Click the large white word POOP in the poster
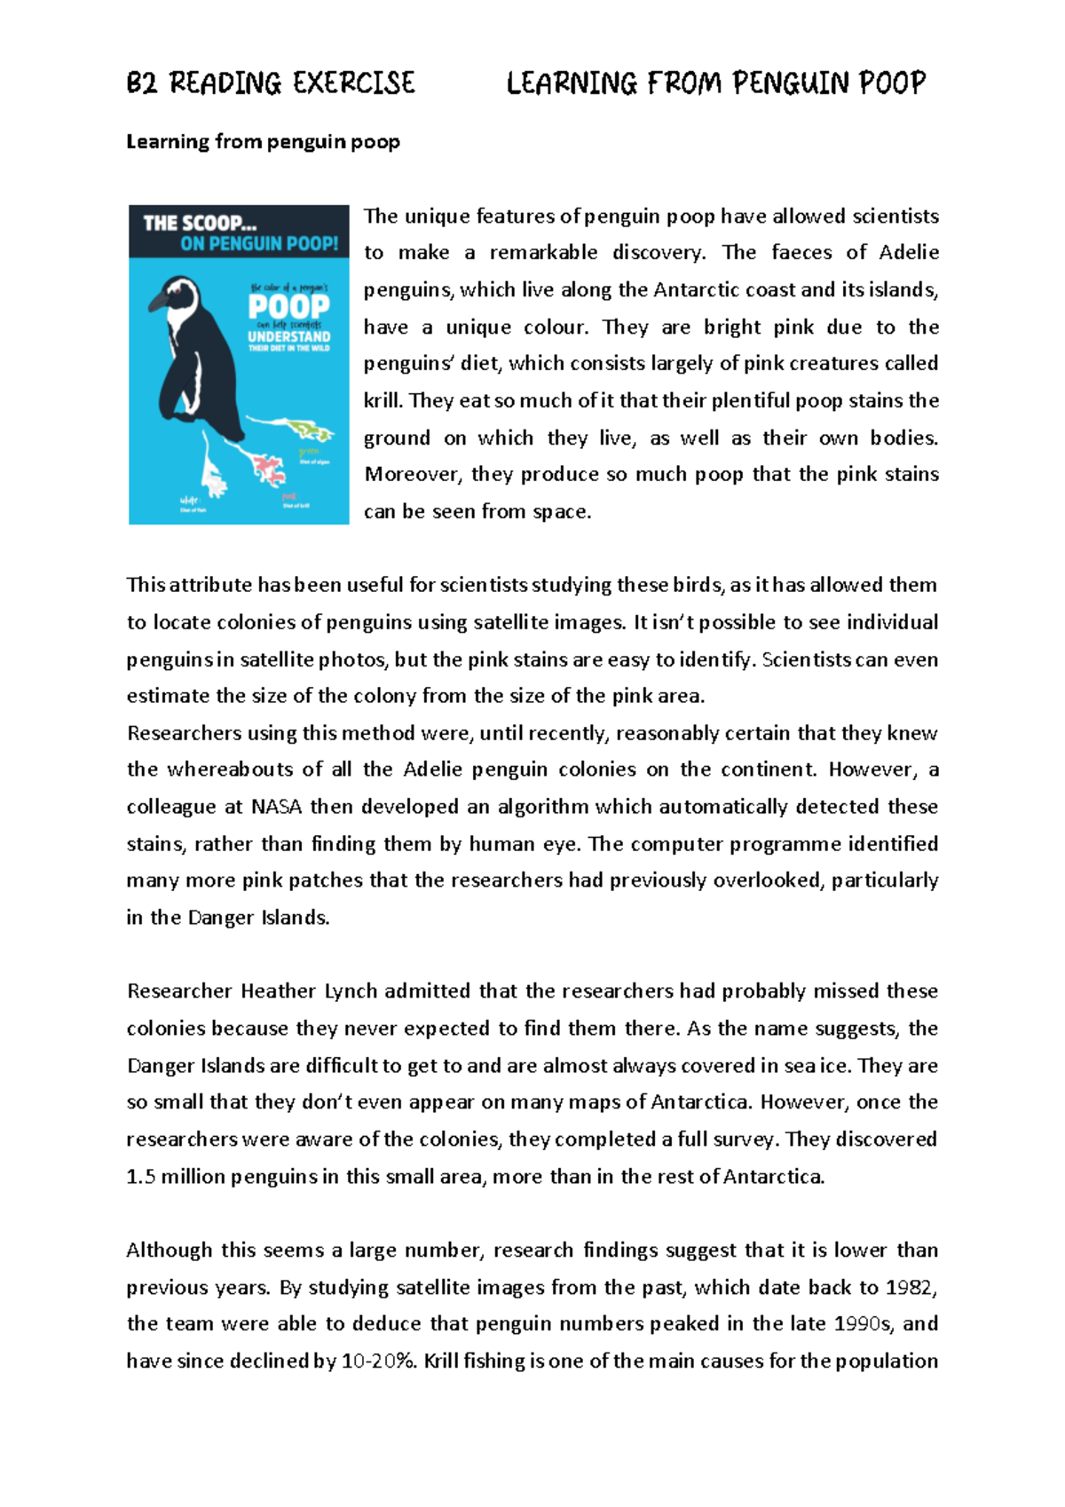pos(289,307)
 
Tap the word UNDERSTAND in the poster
pos(288,337)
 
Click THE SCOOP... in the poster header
pos(201,224)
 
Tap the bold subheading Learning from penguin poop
pos(263,142)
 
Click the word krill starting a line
pos(383,401)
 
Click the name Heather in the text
pos(278,991)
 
